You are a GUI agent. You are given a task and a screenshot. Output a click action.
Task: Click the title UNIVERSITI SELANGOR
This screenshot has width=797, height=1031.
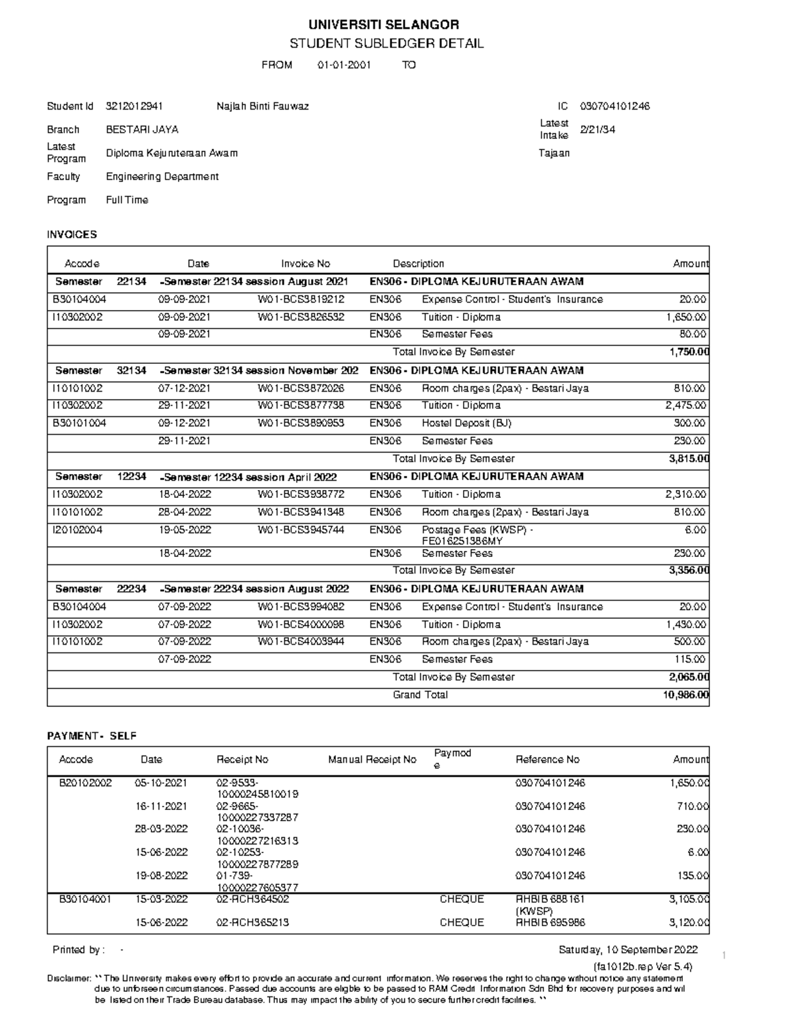383,25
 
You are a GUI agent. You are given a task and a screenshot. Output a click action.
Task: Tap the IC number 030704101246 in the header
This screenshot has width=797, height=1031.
614,106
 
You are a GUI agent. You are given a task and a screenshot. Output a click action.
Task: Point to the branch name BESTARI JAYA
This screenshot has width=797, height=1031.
142,129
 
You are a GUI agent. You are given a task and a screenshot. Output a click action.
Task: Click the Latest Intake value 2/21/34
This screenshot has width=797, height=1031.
597,129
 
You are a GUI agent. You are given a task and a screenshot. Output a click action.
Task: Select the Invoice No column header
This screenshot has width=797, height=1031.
306,264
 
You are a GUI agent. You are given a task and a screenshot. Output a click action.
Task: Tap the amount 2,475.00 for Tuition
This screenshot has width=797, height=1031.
685,405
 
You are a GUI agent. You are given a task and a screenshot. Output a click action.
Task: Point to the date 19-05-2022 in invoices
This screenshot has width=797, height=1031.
184,530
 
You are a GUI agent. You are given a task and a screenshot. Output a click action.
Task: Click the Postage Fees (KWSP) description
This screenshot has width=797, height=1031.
477,530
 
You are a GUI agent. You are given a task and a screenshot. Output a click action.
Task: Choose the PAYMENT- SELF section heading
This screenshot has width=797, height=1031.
92,736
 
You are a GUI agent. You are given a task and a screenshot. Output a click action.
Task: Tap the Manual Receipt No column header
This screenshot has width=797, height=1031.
372,759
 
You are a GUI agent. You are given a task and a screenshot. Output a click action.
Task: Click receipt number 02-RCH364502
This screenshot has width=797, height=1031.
252,899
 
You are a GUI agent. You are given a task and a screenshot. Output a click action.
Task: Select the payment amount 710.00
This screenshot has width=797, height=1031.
692,806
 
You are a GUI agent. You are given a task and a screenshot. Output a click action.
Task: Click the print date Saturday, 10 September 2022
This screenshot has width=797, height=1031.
628,949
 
